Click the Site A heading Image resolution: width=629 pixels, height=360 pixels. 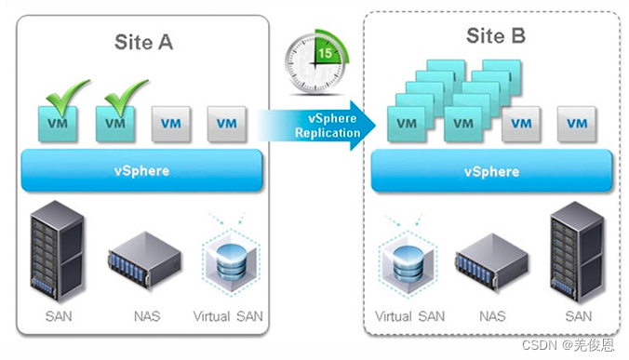143,42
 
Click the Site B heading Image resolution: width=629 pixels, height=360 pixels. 495,37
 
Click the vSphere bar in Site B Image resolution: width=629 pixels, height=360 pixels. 491,172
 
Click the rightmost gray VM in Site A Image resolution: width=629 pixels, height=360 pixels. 227,122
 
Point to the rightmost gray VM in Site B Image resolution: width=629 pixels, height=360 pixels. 577,122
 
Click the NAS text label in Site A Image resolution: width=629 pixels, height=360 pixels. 146,316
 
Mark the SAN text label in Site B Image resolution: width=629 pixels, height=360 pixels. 578,316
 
